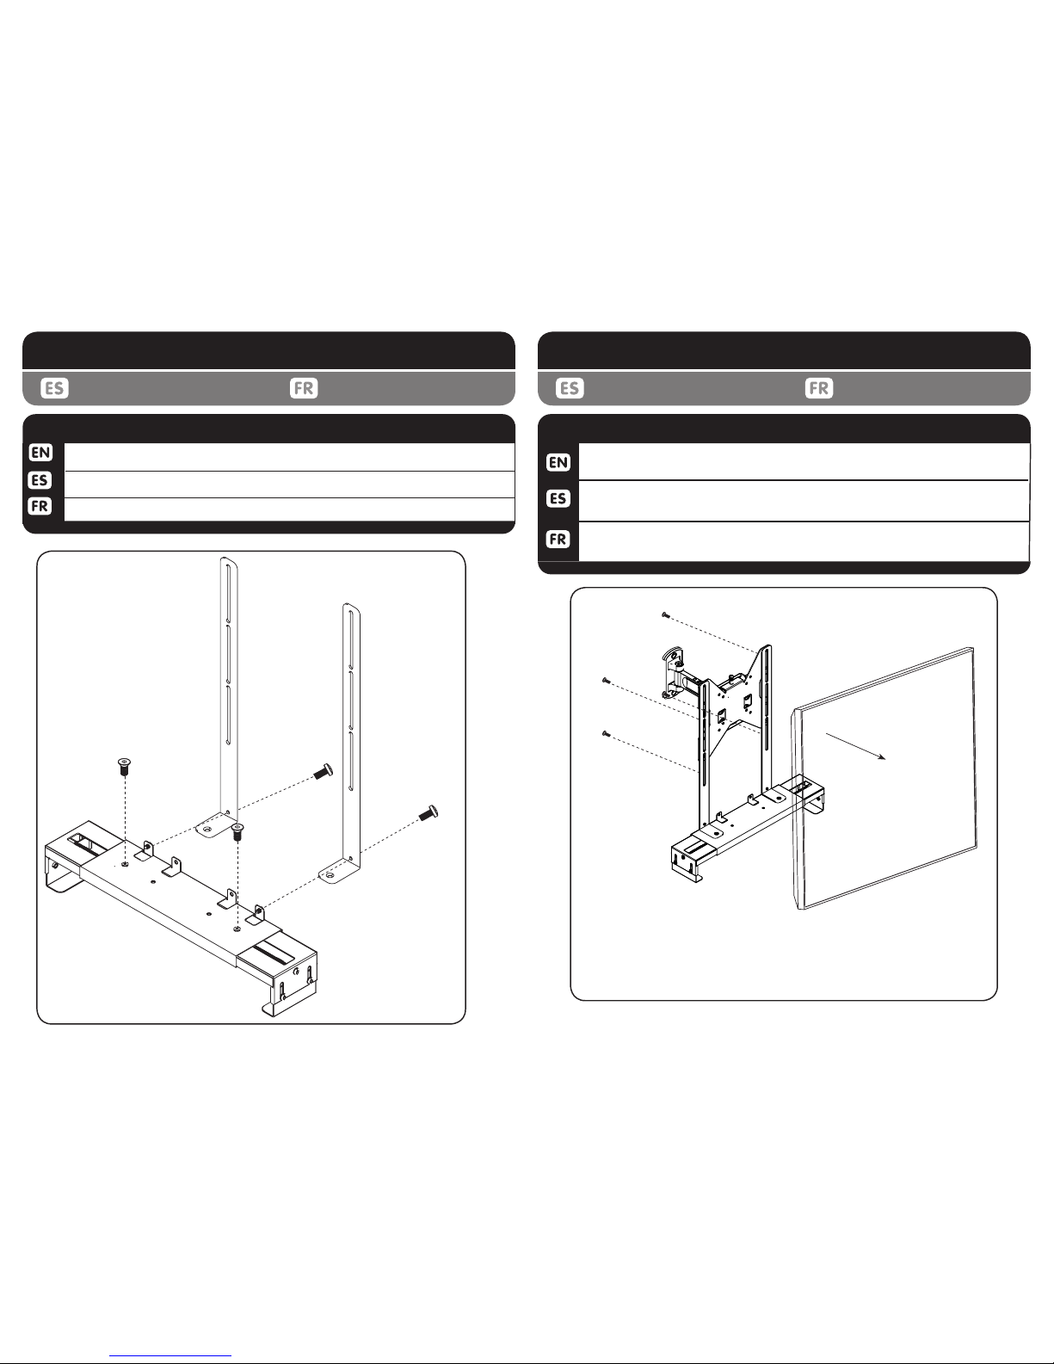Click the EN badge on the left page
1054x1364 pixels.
[x=40, y=453]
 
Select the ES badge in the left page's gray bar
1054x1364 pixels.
[x=54, y=388]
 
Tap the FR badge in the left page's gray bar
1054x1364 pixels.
[x=304, y=388]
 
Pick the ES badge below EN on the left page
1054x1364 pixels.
[x=40, y=480]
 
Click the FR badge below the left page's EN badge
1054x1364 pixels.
[x=40, y=506]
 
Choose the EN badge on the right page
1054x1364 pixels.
[x=558, y=463]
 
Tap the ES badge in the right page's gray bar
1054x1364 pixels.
[x=570, y=388]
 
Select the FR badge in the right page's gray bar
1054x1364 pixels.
[x=819, y=388]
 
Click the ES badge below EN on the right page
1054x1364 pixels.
[x=558, y=499]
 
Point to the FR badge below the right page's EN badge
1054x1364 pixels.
[x=558, y=540]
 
